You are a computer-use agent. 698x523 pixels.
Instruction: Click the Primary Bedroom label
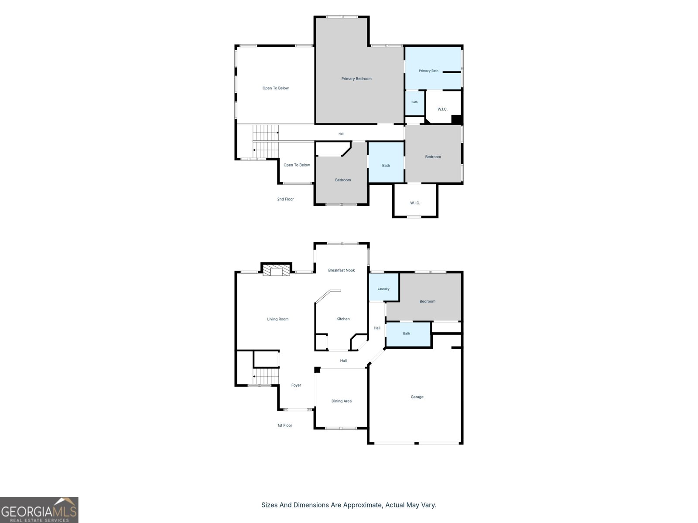click(356, 79)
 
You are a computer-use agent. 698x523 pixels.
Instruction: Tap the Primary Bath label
click(428, 71)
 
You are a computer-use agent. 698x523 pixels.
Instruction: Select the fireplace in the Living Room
click(276, 270)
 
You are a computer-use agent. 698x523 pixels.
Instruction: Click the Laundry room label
click(383, 289)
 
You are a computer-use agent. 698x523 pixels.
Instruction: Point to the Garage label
click(417, 397)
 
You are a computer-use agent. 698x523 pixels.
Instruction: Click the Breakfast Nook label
click(341, 270)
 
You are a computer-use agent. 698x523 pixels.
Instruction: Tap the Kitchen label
click(343, 319)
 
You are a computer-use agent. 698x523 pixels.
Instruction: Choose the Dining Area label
click(341, 401)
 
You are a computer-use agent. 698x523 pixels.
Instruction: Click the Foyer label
click(296, 385)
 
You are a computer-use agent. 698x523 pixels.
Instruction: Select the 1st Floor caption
click(284, 425)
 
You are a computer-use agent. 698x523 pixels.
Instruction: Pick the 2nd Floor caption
click(285, 199)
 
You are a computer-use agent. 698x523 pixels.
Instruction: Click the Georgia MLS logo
click(39, 510)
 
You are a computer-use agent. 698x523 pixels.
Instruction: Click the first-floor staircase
click(266, 376)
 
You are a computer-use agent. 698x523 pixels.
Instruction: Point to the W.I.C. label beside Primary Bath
click(442, 109)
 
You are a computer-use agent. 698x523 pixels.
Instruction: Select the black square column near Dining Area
click(317, 370)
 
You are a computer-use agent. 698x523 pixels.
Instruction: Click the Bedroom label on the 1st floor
click(427, 301)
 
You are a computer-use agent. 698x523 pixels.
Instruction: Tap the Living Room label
click(277, 319)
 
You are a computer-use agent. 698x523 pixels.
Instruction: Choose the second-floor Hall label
click(341, 134)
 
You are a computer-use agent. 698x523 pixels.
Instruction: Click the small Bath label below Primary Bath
click(414, 102)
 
